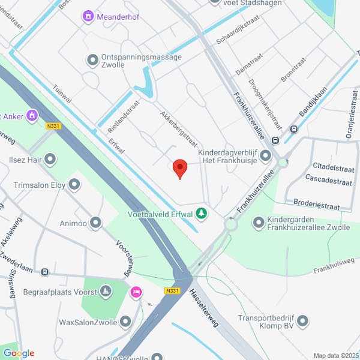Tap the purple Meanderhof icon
[89, 16]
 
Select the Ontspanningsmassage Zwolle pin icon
[92, 60]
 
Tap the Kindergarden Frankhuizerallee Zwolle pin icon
[259, 223]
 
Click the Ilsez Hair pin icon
[50, 159]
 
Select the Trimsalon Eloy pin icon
[74, 185]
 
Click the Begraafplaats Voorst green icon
[106, 292]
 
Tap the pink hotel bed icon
[136, 292]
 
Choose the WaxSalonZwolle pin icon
[125, 322]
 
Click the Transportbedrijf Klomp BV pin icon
[302, 322]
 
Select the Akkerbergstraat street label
[178, 127]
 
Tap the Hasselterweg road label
[204, 308]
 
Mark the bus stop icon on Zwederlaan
[44, 272]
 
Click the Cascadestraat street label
[331, 178]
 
